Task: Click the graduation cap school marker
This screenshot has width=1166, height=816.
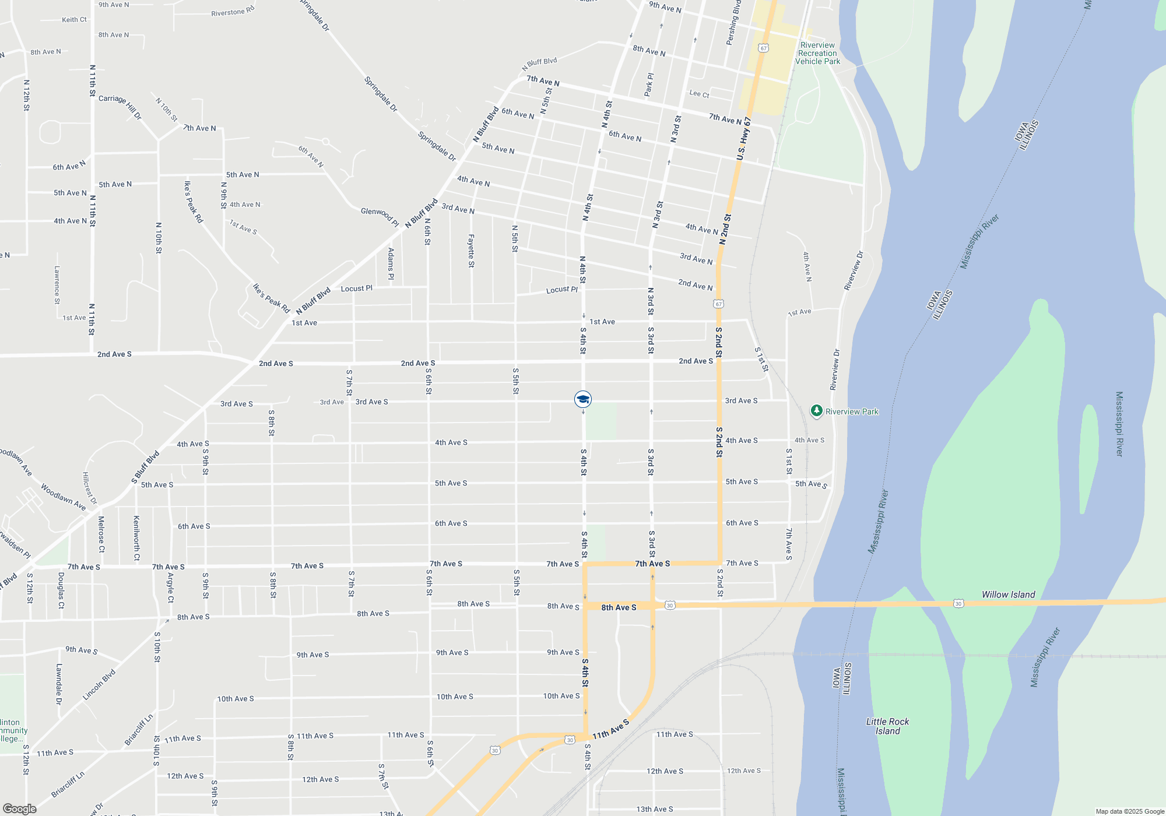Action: (583, 399)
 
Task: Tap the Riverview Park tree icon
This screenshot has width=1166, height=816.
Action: (817, 411)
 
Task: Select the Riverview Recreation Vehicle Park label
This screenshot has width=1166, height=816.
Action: (817, 53)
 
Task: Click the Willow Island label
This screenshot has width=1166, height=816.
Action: (1008, 595)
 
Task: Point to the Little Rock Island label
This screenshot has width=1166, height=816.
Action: (887, 726)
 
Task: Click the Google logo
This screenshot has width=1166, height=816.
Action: (19, 809)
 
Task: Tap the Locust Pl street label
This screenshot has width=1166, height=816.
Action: (561, 290)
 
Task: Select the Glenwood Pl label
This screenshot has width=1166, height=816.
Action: (380, 216)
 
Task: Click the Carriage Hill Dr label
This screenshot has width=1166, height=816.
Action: (120, 106)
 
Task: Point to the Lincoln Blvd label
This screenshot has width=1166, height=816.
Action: (99, 684)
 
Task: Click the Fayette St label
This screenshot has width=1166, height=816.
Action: (471, 251)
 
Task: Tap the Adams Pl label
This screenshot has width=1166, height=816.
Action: (391, 263)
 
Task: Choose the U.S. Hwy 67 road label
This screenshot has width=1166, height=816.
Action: (743, 139)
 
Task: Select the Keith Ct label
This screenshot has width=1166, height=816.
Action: (74, 20)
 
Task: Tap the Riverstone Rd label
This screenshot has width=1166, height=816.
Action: (233, 12)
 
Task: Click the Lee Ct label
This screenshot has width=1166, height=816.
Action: (699, 94)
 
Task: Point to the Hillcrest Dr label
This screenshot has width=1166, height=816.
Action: (89, 488)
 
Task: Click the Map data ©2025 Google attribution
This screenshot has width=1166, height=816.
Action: (1130, 811)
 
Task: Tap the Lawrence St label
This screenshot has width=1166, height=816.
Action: (57, 285)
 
